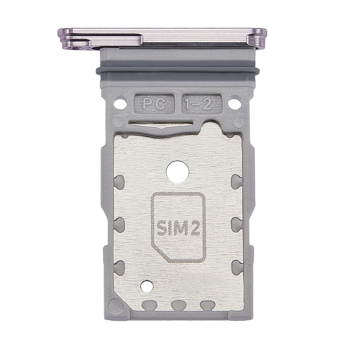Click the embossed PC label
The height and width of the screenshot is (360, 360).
(x=153, y=104)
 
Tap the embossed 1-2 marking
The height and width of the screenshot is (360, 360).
(x=202, y=104)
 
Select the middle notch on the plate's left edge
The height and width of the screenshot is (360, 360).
(x=119, y=224)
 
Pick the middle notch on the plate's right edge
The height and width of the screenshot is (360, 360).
(x=236, y=224)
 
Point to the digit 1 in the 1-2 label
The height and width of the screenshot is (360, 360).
(x=193, y=104)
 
